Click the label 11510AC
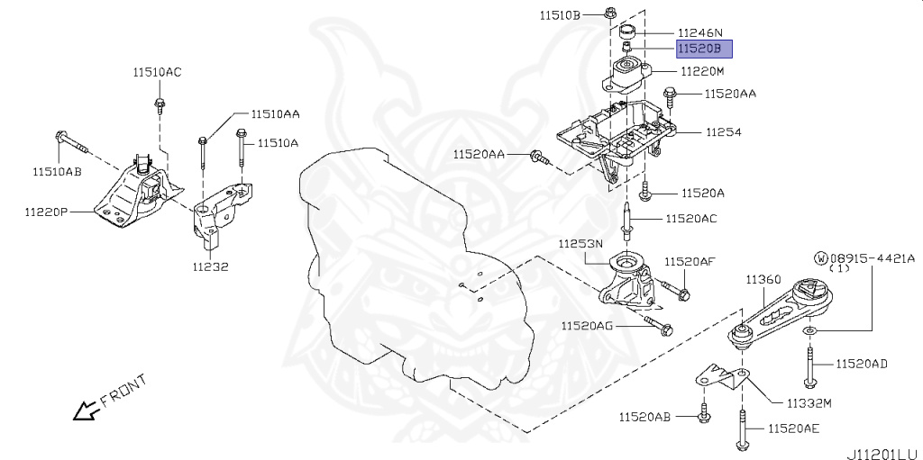tap(157, 72)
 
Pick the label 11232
tap(209, 266)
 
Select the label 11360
tap(763, 279)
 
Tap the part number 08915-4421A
tap(872, 257)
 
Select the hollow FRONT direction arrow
tap(87, 410)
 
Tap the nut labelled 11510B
tap(610, 14)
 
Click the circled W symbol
tap(820, 257)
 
